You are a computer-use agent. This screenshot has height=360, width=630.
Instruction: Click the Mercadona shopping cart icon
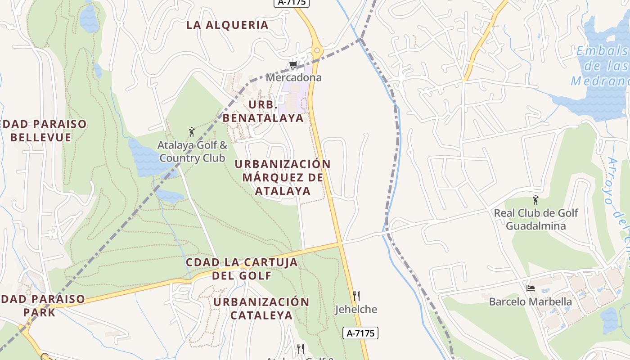tap(293, 66)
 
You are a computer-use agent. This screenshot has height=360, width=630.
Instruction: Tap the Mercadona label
tap(293, 77)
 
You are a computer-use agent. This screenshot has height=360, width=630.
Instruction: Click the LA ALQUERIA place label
tap(228, 25)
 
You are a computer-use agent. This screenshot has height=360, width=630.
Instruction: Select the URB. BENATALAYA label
tap(263, 112)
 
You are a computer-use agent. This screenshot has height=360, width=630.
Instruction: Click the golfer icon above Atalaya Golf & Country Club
tap(192, 132)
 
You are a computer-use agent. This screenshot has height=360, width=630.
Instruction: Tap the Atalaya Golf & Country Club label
tap(192, 152)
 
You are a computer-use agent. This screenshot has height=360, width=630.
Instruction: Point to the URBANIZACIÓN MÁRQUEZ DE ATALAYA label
tap(283, 177)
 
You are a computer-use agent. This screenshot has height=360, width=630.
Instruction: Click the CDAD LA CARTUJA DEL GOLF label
tap(242, 269)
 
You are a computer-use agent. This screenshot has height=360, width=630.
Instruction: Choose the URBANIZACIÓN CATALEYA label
tap(261, 308)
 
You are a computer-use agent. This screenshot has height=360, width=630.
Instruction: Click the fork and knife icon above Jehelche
tap(356, 296)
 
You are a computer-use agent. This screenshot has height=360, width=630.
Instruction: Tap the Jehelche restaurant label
tap(356, 310)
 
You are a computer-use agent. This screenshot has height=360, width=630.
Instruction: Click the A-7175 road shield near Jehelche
tap(360, 333)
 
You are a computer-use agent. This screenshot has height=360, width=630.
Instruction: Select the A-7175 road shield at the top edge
tap(292, 3)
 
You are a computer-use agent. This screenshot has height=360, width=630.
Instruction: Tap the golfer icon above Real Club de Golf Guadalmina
tap(535, 200)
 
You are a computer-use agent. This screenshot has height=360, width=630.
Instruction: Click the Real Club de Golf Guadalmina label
tap(536, 219)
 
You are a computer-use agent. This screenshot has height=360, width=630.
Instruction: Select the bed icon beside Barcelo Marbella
tap(531, 288)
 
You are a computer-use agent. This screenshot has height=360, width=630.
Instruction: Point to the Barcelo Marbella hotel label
tap(531, 301)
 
